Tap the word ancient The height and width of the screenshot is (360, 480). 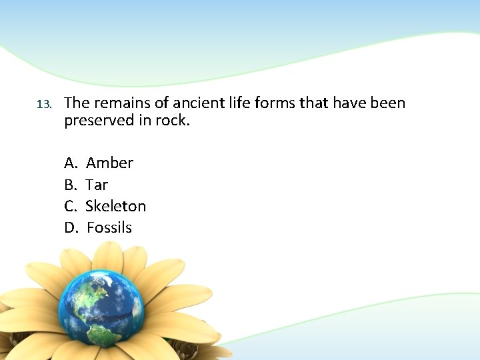click(x=193, y=103)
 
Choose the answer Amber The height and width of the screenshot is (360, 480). click(x=110, y=163)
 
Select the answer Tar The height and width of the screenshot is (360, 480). click(x=97, y=184)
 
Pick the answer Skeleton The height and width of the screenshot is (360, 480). click(x=116, y=206)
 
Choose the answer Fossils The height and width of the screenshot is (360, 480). click(x=109, y=227)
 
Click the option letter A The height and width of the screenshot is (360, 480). click(x=70, y=163)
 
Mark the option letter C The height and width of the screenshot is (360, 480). click(x=70, y=206)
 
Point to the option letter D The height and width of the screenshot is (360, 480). click(x=71, y=227)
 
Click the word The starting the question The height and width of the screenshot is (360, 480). click(x=77, y=103)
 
